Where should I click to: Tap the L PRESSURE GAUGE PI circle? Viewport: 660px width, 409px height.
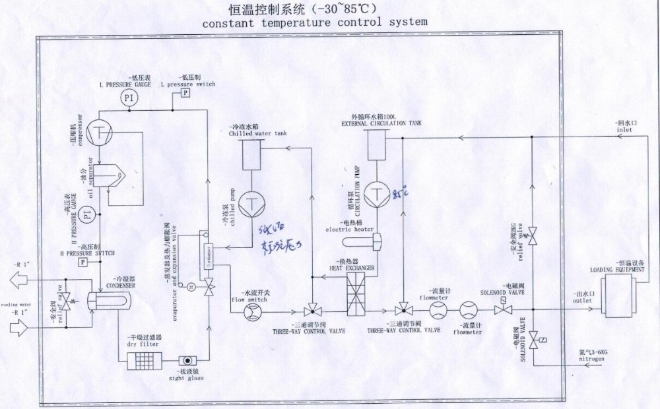coord(129,98)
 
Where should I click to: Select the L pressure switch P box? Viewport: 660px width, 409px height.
coord(185,93)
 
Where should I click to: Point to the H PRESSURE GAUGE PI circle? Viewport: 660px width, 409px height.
coord(92,214)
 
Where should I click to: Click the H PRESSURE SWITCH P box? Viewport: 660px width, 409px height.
coord(84,262)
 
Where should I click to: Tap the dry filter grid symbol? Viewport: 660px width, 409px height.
coord(144,359)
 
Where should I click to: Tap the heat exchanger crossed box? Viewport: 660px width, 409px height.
coord(358,290)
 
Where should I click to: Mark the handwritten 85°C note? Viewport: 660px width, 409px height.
coord(401,194)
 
